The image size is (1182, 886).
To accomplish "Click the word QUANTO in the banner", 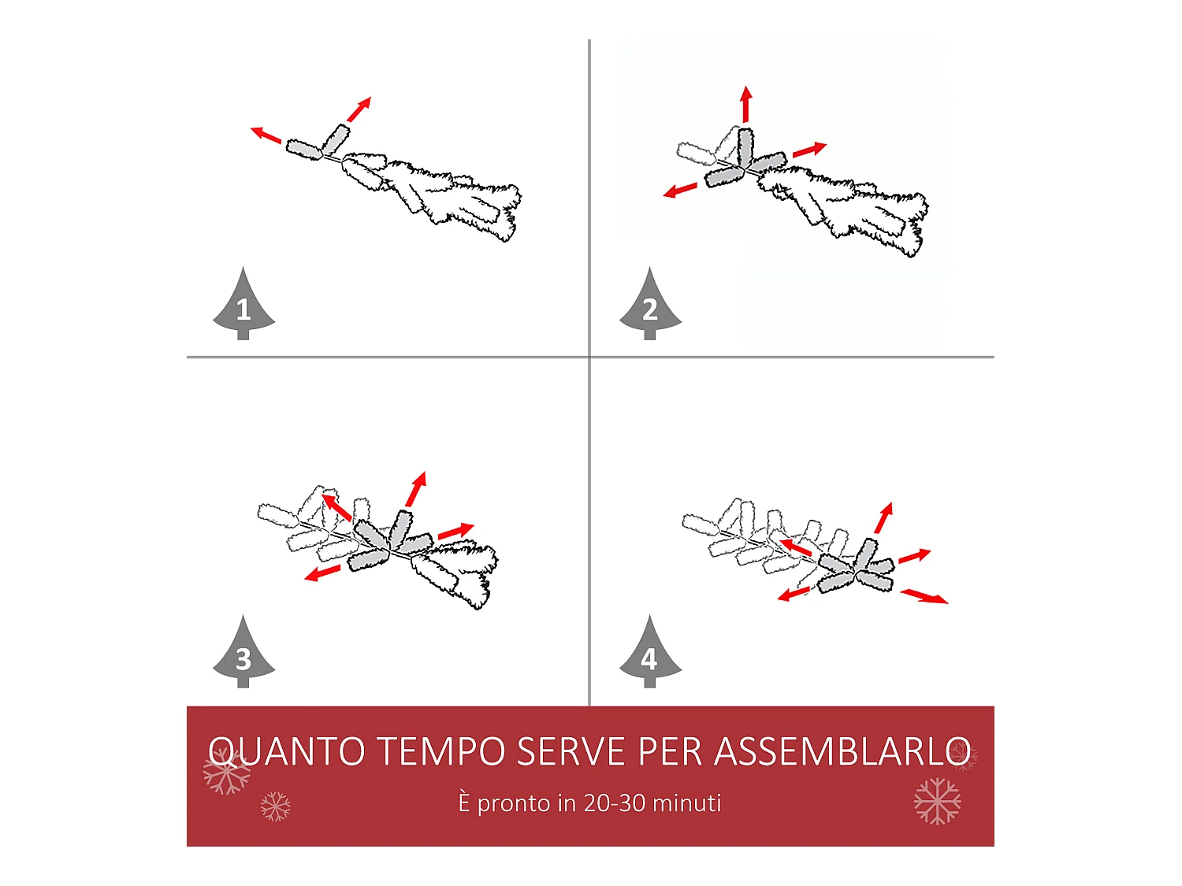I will tap(287, 751).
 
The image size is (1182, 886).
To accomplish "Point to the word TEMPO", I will tap(442, 751).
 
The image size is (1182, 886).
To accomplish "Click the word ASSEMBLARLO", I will tap(842, 751).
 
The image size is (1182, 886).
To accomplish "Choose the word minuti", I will tap(687, 803).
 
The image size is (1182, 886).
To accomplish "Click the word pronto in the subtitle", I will tap(514, 804).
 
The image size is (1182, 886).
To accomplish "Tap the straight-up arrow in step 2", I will tap(746, 104).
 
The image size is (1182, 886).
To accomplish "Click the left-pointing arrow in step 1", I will tap(266, 135).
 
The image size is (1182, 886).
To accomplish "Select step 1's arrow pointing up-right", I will tap(359, 109).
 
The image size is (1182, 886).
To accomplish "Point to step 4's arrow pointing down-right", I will tap(924, 596).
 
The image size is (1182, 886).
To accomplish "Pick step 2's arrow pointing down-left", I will tap(680, 190).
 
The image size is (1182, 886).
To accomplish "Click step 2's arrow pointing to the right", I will tap(809, 149).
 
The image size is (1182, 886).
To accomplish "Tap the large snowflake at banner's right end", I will tap(937, 801).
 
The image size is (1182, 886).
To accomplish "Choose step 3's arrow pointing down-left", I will tap(322, 573).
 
